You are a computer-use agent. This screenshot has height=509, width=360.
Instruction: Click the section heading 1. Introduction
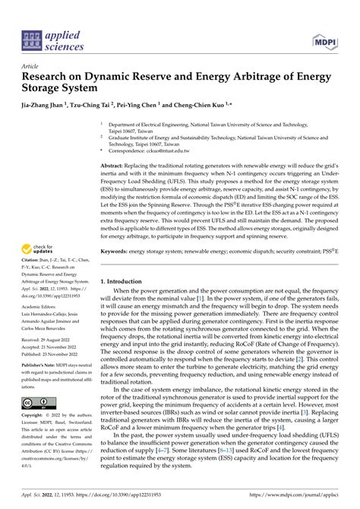click(127, 281)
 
